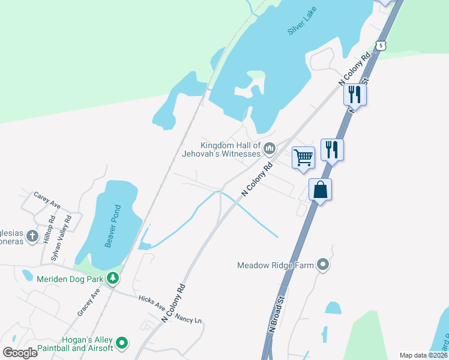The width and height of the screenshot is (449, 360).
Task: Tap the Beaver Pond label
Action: click(x=113, y=226)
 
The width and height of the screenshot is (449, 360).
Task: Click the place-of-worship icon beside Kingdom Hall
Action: click(x=269, y=148)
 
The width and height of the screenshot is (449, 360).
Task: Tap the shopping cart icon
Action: click(x=304, y=158)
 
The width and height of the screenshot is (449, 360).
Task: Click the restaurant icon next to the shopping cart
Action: click(x=332, y=149)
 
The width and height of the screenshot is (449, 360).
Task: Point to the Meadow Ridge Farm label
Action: click(x=276, y=265)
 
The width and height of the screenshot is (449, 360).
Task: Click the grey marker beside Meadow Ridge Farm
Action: click(x=324, y=265)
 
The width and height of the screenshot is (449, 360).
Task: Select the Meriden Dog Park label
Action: click(x=69, y=278)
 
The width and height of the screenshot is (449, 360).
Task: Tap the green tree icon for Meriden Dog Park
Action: click(x=112, y=278)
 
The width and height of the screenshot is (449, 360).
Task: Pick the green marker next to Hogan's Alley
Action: click(x=122, y=344)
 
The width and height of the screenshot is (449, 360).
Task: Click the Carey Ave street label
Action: click(x=47, y=200)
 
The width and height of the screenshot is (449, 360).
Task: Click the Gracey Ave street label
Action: click(x=88, y=302)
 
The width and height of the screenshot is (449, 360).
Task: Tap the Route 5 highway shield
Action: click(x=379, y=45)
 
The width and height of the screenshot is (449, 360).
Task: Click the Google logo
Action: click(x=20, y=352)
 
